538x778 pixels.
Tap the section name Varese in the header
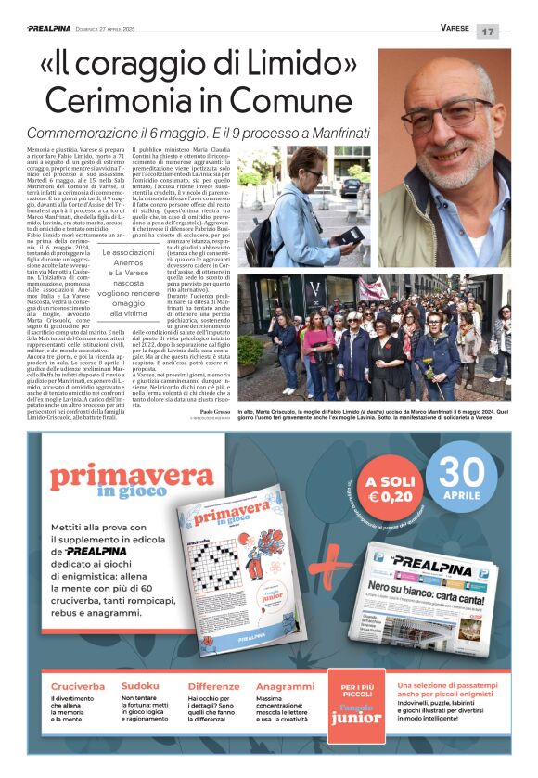(x=455, y=29)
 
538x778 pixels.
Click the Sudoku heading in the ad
(x=139, y=686)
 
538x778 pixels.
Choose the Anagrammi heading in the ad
(x=285, y=686)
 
